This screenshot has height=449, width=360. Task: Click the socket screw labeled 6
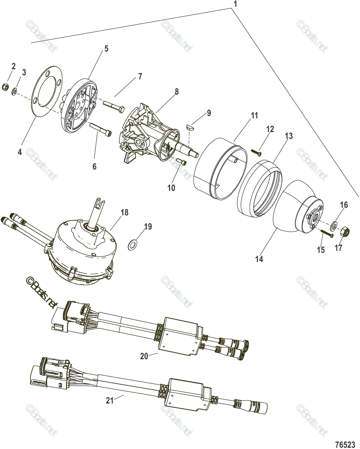(x=97, y=130)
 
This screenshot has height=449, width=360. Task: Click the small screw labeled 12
(x=256, y=152)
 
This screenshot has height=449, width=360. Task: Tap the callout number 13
(x=289, y=136)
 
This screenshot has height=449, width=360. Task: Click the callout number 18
(x=124, y=212)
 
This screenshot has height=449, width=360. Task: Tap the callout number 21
(x=110, y=400)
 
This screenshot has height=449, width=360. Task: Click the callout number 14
(x=259, y=259)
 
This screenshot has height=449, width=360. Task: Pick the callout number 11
(x=254, y=116)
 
